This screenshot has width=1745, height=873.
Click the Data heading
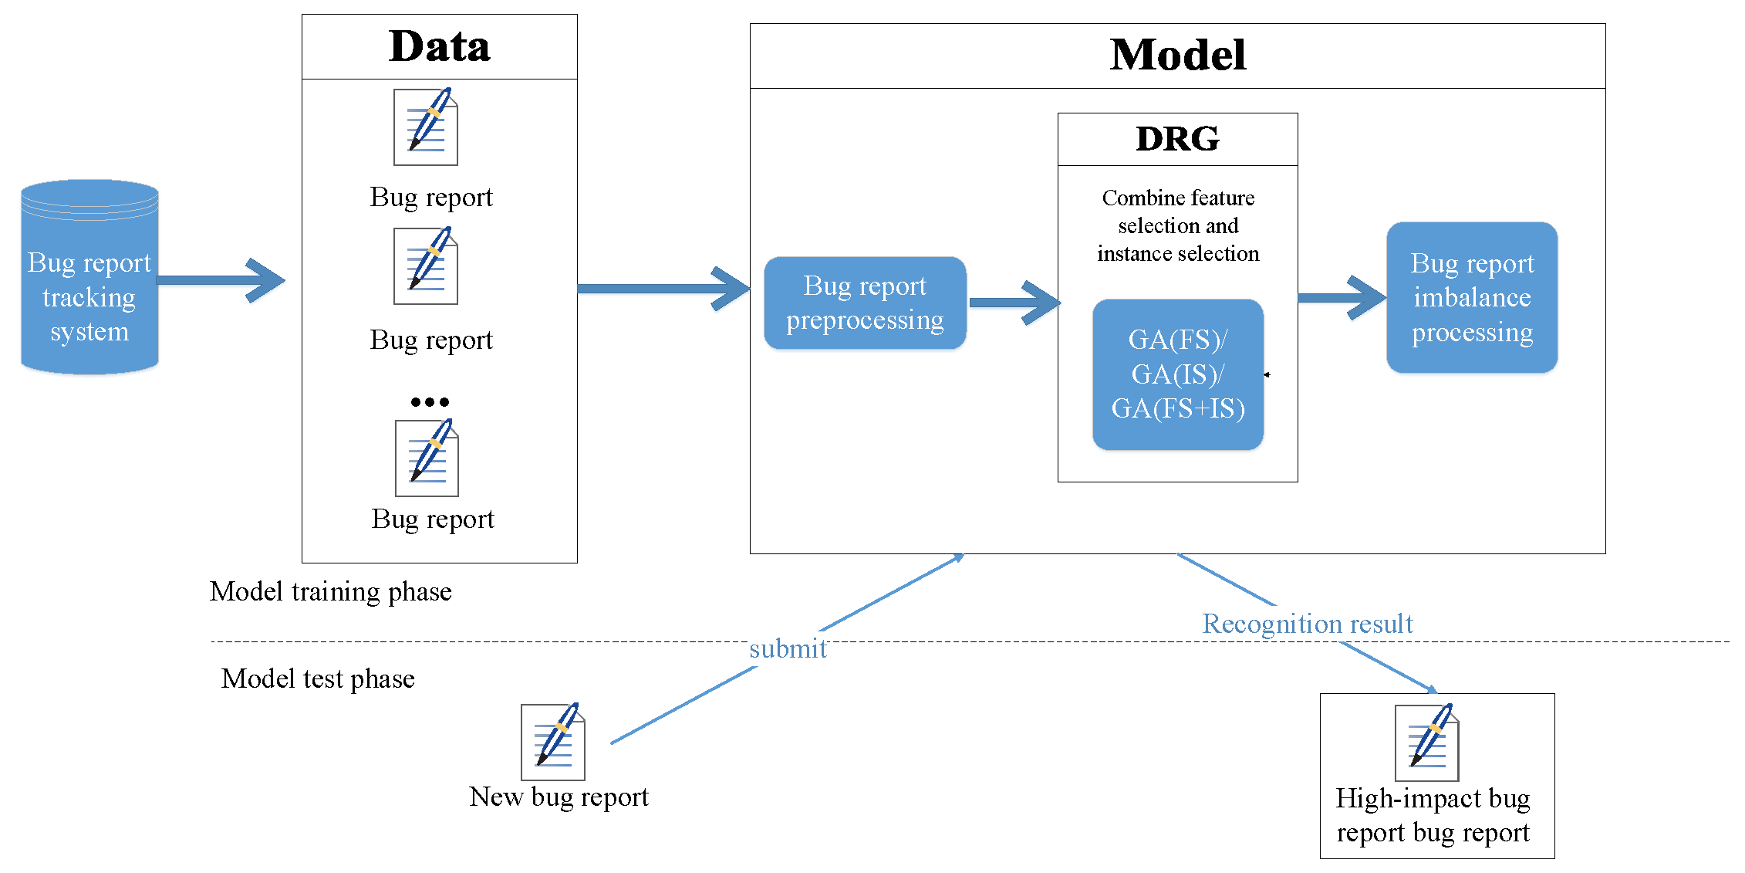pyautogui.click(x=439, y=46)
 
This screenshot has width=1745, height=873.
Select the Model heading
pyautogui.click(x=1177, y=56)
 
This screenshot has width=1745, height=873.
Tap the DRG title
pyautogui.click(x=1177, y=139)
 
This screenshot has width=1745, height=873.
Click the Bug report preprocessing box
pyautogui.click(x=865, y=303)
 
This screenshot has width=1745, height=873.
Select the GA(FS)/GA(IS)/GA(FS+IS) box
pyautogui.click(x=1177, y=374)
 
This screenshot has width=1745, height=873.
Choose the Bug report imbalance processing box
pyautogui.click(x=1471, y=297)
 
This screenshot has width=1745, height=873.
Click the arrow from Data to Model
pyautogui.click(x=663, y=289)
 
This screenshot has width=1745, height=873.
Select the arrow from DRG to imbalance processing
pyautogui.click(x=1342, y=297)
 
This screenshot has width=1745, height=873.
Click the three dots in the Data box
pyautogui.click(x=430, y=401)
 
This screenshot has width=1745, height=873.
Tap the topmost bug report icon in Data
pyautogui.click(x=427, y=127)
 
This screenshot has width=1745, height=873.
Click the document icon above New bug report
pyautogui.click(x=553, y=742)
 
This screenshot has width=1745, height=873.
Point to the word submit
pyautogui.click(x=788, y=648)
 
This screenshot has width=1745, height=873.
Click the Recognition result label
pyautogui.click(x=1308, y=624)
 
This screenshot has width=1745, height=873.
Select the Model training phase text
pyautogui.click(x=330, y=591)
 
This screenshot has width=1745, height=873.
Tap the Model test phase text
pyautogui.click(x=318, y=678)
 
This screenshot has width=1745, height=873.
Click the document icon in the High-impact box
pyautogui.click(x=1427, y=742)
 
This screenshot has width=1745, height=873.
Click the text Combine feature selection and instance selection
pyautogui.click(x=1177, y=225)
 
